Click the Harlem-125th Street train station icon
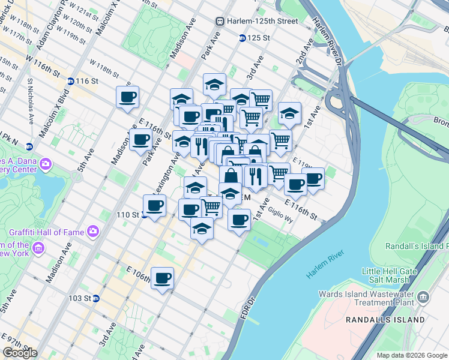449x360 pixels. tap(220, 21)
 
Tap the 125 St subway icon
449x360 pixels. tap(241, 38)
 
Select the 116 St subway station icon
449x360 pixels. tap(70, 81)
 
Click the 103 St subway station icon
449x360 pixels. tap(95, 298)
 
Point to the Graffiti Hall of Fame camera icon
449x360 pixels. tap(93, 230)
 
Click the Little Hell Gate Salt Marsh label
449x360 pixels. tap(389, 275)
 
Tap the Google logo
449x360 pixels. tap(20, 353)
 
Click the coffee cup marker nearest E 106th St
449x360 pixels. tap(163, 278)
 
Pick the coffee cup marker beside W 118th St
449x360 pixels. tap(127, 97)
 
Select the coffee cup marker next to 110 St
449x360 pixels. tap(154, 206)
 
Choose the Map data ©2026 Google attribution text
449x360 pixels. tap(412, 355)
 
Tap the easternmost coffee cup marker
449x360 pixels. tap(313, 178)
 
